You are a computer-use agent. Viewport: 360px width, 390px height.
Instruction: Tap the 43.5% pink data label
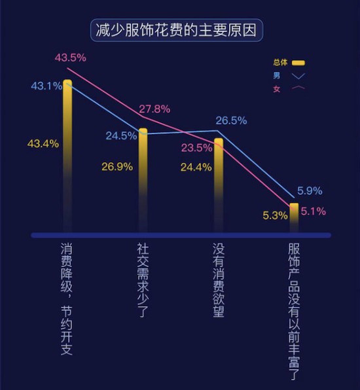[x=71, y=58]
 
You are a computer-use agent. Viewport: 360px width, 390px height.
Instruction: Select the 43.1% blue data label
[x=46, y=86]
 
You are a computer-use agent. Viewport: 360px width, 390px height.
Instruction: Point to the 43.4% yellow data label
[x=43, y=143]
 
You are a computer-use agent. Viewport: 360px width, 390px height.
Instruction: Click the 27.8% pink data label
[x=154, y=109]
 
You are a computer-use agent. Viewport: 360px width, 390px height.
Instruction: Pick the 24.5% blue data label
[x=121, y=136]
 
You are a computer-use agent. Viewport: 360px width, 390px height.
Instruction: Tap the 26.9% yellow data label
[x=117, y=166]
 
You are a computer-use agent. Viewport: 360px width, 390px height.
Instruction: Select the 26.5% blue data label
[x=231, y=120]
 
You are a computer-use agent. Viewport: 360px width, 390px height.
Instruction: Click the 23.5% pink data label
[x=197, y=148]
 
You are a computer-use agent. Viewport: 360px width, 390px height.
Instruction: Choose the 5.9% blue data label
[x=310, y=191]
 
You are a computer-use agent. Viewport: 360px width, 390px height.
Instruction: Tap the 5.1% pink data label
[x=314, y=211]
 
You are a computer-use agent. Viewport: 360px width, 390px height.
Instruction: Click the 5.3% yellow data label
[x=275, y=215]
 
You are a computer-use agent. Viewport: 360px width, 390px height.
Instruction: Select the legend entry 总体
[x=289, y=63]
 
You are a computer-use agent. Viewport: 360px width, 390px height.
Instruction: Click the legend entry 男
[x=289, y=75]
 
